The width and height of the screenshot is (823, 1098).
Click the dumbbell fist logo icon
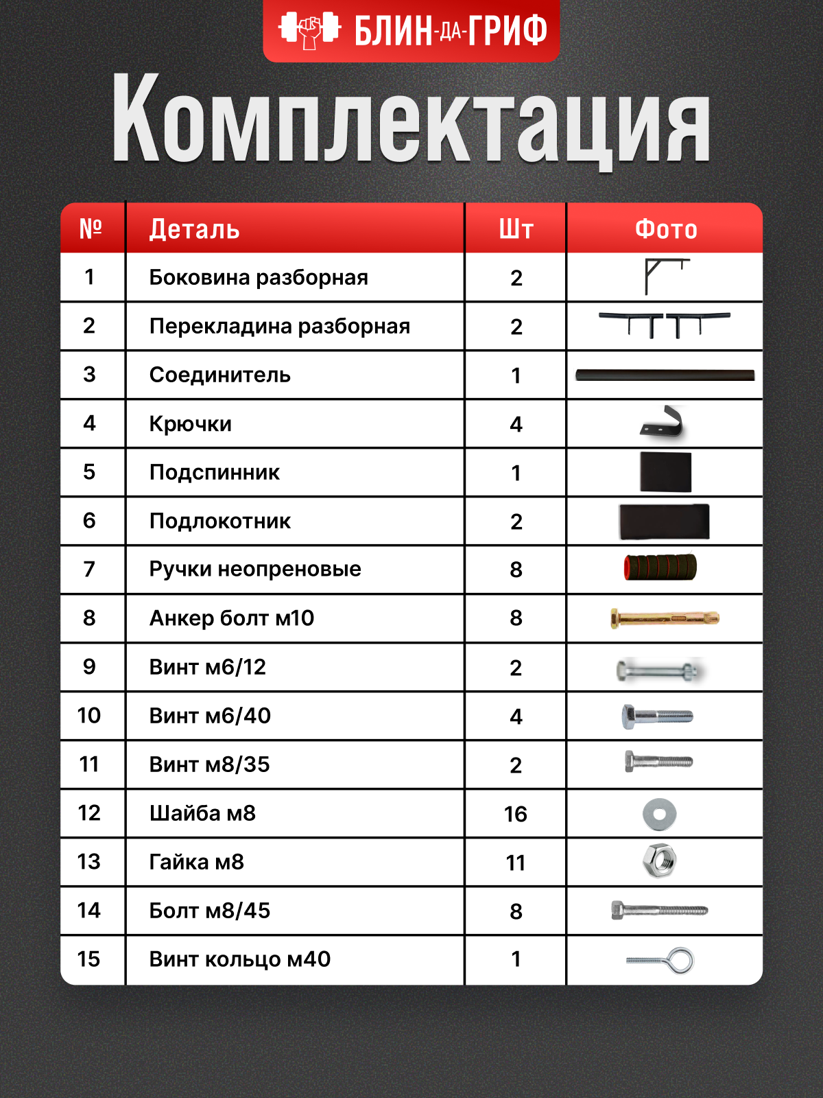click(309, 30)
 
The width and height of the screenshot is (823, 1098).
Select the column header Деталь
click(194, 229)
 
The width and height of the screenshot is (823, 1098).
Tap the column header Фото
click(665, 229)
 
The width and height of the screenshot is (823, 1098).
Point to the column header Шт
click(516, 229)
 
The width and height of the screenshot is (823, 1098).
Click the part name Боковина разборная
click(259, 277)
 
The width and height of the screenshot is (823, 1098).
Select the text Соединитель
click(219, 375)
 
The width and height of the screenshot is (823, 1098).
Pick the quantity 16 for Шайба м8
click(516, 814)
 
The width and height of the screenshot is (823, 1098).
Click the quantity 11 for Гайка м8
click(516, 863)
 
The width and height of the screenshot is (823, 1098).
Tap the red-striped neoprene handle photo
click(660, 568)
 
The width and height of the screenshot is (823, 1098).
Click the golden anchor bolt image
click(664, 618)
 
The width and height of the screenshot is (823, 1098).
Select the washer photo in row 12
click(659, 814)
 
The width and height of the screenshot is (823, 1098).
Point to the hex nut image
click(660, 861)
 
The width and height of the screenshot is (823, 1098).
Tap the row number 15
click(89, 959)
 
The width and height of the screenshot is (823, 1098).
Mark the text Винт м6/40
click(210, 716)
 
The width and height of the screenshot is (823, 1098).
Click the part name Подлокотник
click(219, 521)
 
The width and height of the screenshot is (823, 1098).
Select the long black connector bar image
click(665, 375)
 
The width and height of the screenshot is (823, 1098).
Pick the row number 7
click(89, 569)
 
